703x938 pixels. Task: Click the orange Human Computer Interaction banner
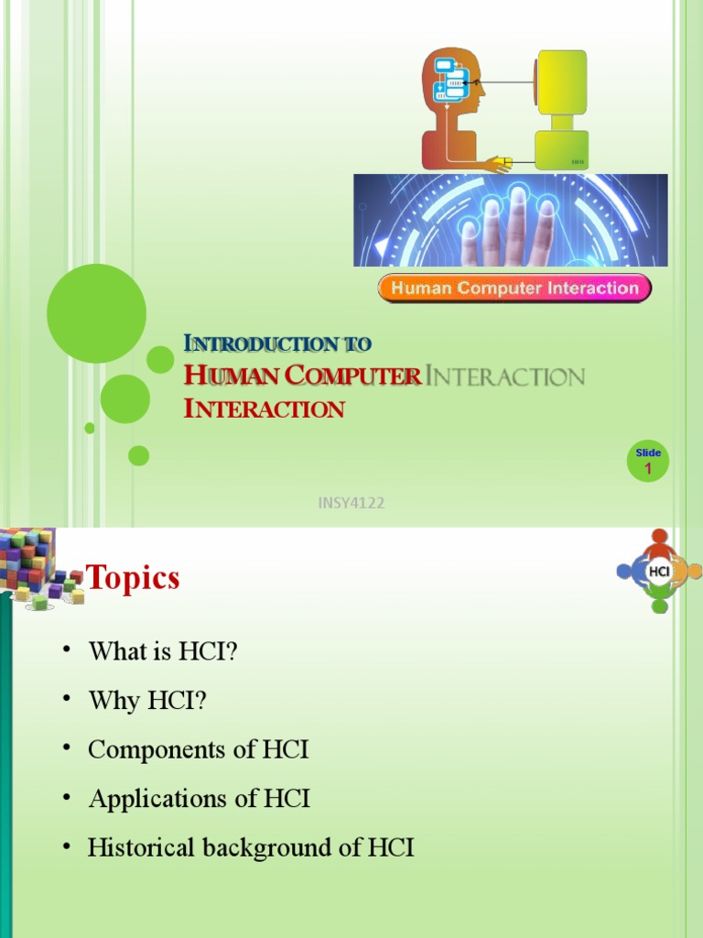coord(514,289)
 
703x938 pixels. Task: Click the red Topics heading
coord(133,578)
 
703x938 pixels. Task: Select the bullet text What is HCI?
coord(163,651)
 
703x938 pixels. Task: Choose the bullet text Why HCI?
coord(148,701)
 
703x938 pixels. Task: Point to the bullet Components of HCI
coord(199,749)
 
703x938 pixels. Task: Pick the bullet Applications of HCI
coord(200,799)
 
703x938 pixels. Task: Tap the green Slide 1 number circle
coord(648,463)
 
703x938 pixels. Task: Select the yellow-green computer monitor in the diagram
coord(561,82)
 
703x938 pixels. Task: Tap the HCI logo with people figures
coord(659,572)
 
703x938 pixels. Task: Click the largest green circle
coord(96,313)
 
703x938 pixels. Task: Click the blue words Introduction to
coord(277,344)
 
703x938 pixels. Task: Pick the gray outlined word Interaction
coord(505,376)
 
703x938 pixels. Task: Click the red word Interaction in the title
coord(265,409)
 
